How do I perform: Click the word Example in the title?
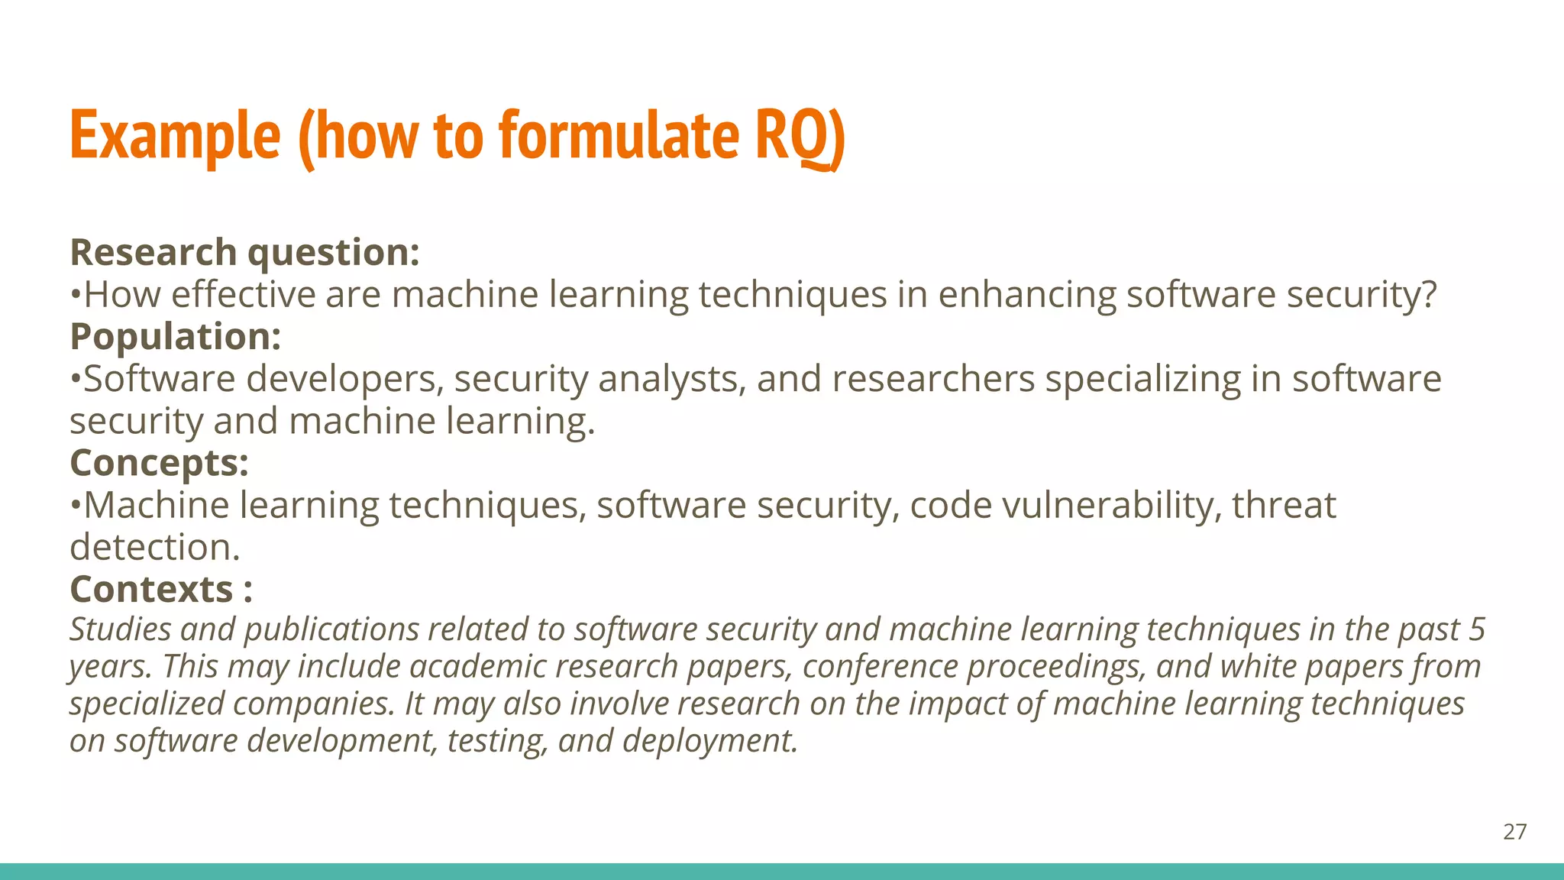point(175,136)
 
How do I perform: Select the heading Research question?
point(244,253)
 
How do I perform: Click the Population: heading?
point(176,337)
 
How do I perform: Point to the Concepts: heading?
point(159,463)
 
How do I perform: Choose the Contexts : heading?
point(160,589)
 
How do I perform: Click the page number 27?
point(1514,832)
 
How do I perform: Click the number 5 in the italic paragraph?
point(1477,629)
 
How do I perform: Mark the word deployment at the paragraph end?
point(709,741)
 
